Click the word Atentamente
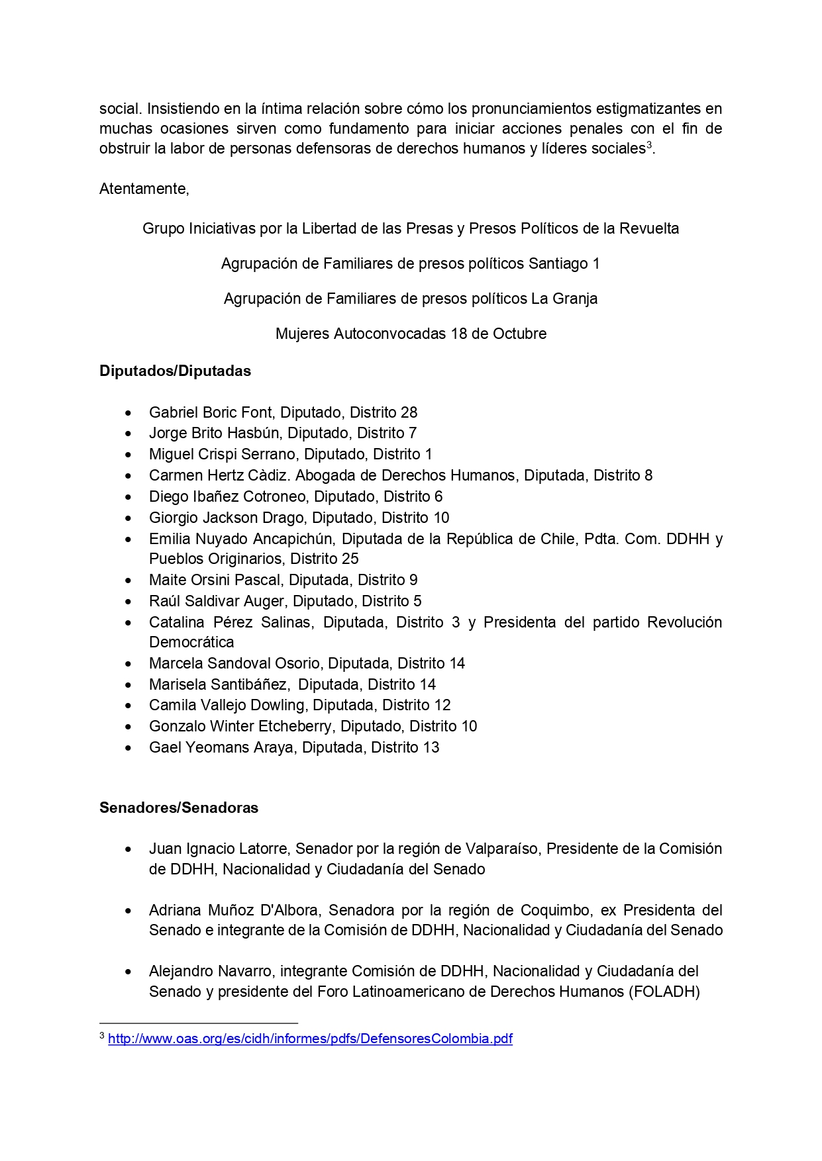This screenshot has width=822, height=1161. tap(144, 189)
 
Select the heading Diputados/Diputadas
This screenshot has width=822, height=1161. tap(175, 371)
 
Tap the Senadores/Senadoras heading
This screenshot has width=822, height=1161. tap(179, 808)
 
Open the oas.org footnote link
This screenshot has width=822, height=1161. tap(310, 1039)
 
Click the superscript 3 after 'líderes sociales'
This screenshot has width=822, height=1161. tap(649, 145)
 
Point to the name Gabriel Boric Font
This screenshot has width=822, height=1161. tap(210, 412)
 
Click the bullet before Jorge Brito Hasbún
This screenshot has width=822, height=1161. tap(128, 434)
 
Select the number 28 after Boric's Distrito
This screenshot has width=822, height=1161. tap(409, 412)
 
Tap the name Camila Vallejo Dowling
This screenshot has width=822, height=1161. tap(227, 705)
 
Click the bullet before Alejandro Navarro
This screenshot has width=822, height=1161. tap(128, 972)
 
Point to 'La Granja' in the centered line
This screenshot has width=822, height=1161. tap(564, 299)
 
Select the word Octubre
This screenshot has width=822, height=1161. tap(519, 334)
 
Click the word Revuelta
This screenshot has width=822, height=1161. tap(648, 228)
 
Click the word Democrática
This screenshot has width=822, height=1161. tap(191, 642)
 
